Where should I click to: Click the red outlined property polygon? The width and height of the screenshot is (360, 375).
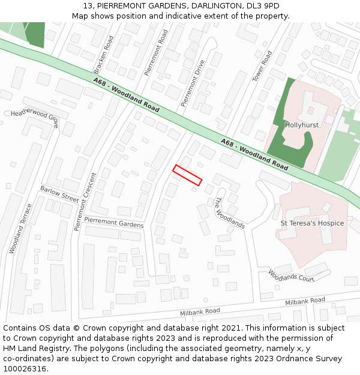point(187,175)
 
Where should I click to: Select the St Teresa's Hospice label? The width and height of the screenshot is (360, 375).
point(312,223)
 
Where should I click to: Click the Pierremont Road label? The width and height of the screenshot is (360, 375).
point(157,53)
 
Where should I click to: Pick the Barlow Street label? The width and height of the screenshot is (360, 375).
point(59,193)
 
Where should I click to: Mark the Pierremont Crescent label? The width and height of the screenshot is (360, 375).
point(86,202)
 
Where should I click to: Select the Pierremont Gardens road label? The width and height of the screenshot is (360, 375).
point(114,223)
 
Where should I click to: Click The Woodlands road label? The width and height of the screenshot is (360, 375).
point(230,213)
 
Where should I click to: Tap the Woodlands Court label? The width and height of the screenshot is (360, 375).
point(292,276)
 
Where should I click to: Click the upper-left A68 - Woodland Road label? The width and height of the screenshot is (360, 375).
point(126,95)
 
